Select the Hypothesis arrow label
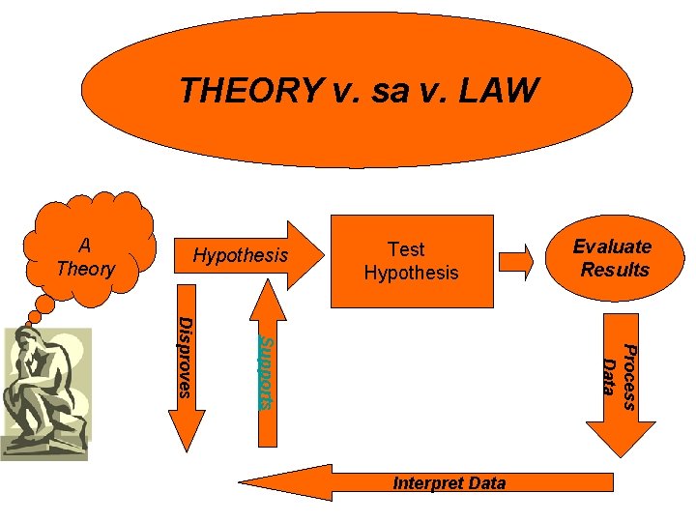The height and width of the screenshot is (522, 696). pyautogui.click(x=241, y=255)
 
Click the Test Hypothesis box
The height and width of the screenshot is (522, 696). pyautogui.click(x=411, y=261)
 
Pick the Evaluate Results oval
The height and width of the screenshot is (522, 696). pyautogui.click(x=612, y=258)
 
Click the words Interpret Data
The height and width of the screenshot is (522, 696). pyautogui.click(x=449, y=483)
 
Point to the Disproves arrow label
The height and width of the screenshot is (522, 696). pyautogui.click(x=187, y=356)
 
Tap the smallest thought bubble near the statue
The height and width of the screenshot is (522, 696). pyautogui.click(x=36, y=315)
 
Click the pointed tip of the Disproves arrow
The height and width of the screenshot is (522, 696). pyautogui.click(x=186, y=446)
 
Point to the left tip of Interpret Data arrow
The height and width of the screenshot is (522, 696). pyautogui.click(x=242, y=481)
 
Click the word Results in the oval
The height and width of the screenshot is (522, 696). pyautogui.click(x=615, y=270)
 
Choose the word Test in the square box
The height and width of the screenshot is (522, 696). pyautogui.click(x=406, y=249)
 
